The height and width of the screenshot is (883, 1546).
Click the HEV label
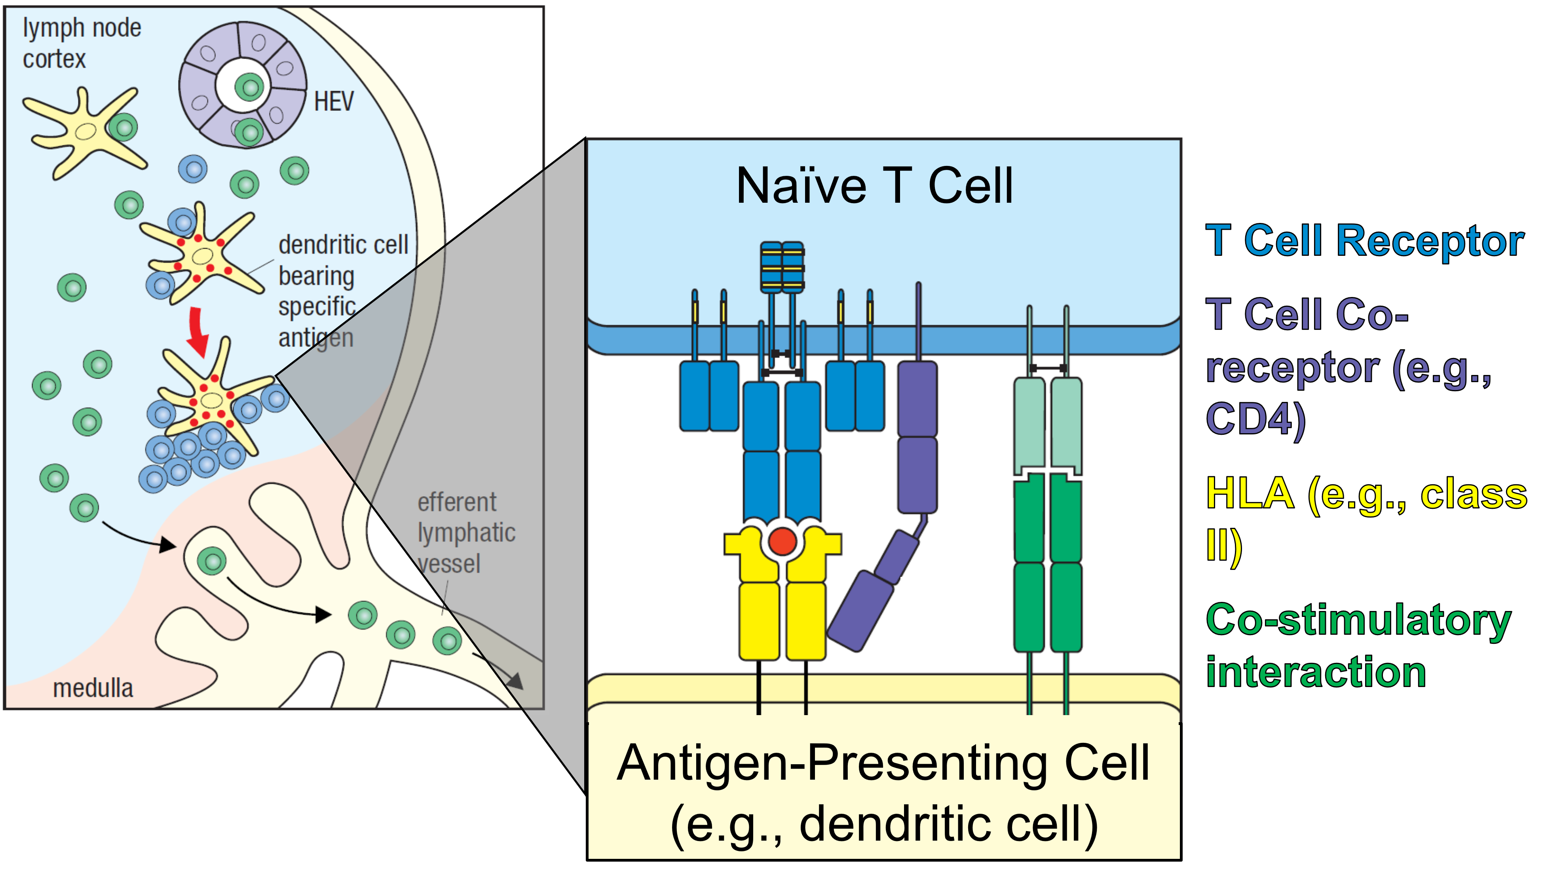[333, 101]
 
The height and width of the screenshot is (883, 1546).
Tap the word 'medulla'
[93, 688]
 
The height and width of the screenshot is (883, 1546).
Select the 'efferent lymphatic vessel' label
[466, 533]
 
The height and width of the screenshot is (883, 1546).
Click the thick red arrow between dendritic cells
[197, 331]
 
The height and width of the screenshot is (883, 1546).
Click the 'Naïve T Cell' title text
[874, 186]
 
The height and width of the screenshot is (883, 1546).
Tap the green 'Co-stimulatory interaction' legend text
[1358, 645]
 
